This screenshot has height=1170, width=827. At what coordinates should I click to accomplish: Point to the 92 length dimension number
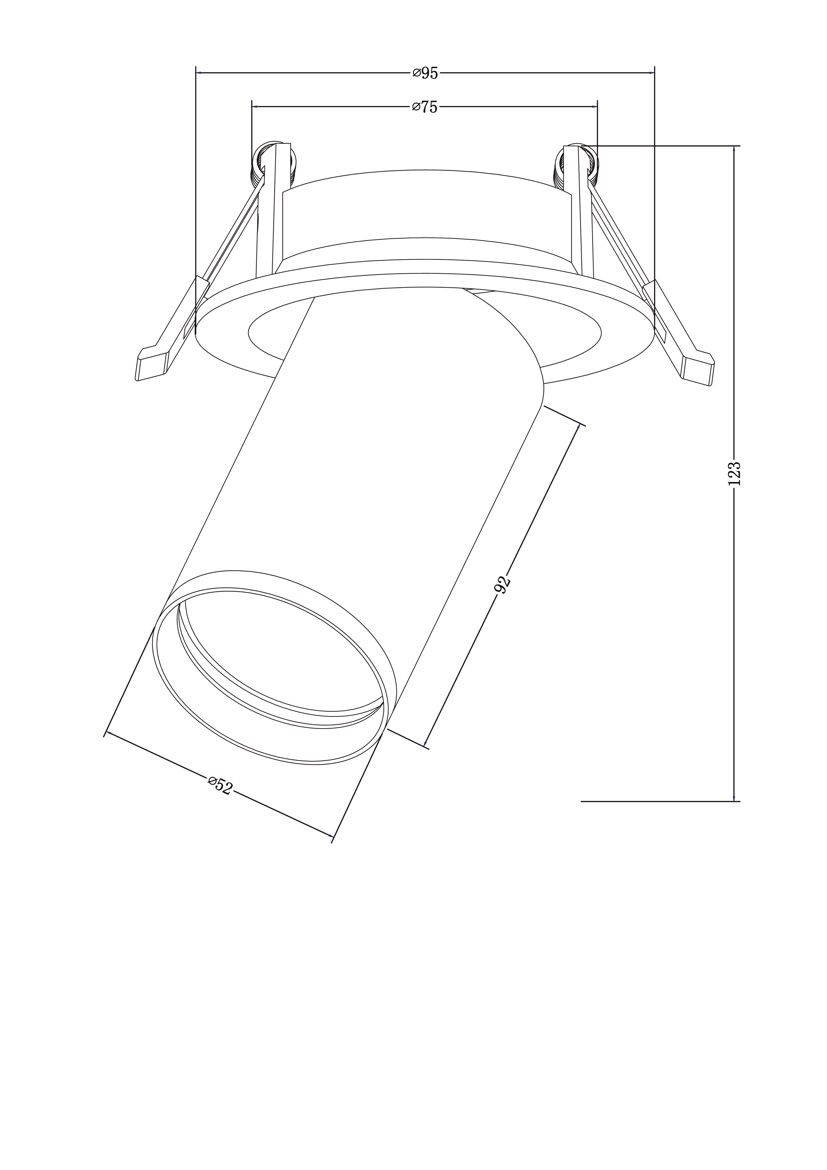coord(503,585)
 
